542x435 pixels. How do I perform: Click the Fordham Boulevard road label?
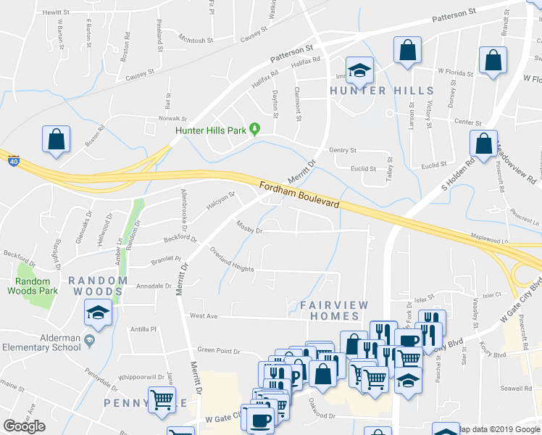point(299,196)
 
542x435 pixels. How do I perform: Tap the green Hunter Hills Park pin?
point(254,130)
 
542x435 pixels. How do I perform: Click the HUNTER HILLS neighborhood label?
point(382,91)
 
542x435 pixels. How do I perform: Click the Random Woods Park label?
point(32,286)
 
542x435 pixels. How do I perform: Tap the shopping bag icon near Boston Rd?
point(56,139)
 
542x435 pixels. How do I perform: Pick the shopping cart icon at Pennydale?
point(162,399)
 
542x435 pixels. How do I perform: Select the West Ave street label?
point(204,316)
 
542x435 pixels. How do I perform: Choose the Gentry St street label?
point(343,150)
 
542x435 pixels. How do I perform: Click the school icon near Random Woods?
point(98,312)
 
